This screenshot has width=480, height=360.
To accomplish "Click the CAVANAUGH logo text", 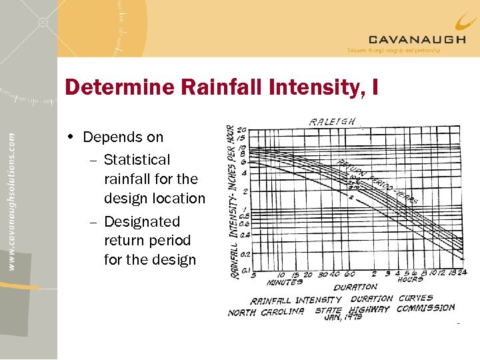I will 417,39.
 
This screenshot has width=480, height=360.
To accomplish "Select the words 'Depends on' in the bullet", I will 123,137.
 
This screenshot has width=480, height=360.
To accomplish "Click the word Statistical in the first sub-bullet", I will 137,160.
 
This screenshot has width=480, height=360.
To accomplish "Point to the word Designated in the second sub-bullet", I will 142,221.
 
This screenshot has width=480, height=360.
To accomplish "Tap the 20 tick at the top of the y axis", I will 241,130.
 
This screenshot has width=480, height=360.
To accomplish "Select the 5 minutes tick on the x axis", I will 253,274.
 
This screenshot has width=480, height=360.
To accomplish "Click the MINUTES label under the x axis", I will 285,282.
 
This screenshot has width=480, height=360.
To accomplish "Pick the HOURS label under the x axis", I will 410,280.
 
